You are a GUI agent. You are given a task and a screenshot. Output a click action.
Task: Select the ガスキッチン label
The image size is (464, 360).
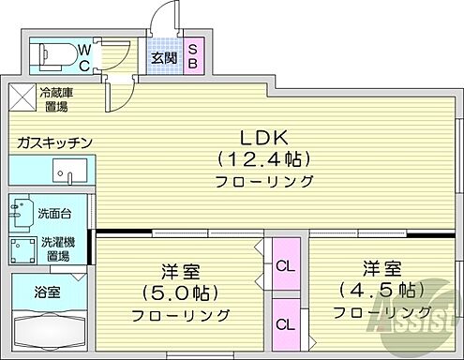pyautogui.click(x=52, y=142)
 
